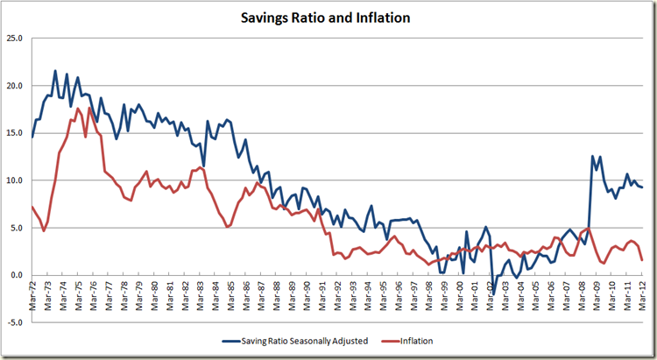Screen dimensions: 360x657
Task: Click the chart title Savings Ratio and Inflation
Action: click(328, 17)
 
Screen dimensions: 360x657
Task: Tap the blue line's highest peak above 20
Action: click(55, 71)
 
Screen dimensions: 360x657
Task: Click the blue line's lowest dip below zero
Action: click(493, 295)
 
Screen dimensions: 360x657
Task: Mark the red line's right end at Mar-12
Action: click(643, 260)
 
